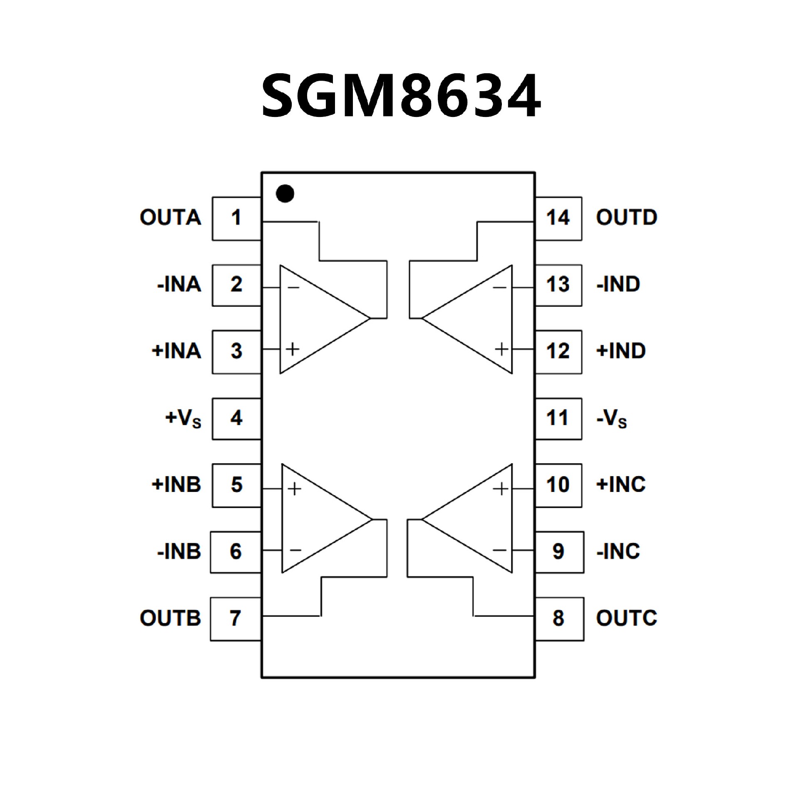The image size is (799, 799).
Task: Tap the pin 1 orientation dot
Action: pyautogui.click(x=285, y=194)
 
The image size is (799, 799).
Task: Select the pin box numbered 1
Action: pyautogui.click(x=236, y=218)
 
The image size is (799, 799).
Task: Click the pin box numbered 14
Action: pyautogui.click(x=558, y=218)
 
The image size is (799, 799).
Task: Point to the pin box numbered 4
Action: pyautogui.click(x=236, y=418)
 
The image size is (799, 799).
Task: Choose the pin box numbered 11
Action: pyautogui.click(x=558, y=418)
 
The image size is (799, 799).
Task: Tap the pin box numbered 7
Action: pyautogui.click(x=236, y=618)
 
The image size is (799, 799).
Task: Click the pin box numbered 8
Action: pyautogui.click(x=559, y=618)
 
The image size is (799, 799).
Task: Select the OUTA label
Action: pyautogui.click(x=170, y=218)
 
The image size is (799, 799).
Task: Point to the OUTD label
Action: pyautogui.click(x=626, y=218)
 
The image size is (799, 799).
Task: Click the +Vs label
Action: pyautogui.click(x=184, y=419)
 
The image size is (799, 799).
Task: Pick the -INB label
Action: pyautogui.click(x=179, y=552)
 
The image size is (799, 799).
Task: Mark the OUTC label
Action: pyautogui.click(x=626, y=618)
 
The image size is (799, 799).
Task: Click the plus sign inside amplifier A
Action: pyautogui.click(x=293, y=349)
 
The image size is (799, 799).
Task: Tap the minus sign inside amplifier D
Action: pyautogui.click(x=500, y=287)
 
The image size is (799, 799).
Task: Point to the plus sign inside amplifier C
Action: pyautogui.click(x=501, y=489)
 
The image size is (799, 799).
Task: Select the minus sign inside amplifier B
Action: pyautogui.click(x=295, y=550)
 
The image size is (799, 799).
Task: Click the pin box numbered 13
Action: pyautogui.click(x=558, y=285)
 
